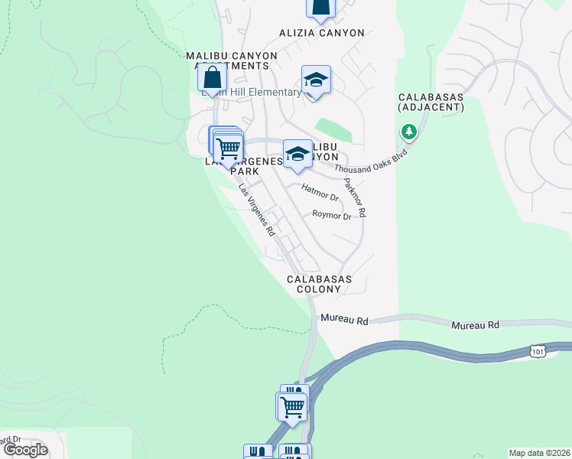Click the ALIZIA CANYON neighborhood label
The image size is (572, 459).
point(321,33)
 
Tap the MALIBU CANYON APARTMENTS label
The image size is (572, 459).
point(227,60)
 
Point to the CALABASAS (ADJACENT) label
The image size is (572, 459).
point(431,102)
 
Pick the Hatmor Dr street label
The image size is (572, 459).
point(320,192)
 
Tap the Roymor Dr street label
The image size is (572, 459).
point(331,216)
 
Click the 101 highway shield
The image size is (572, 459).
point(538,350)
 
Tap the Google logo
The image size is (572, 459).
point(25,449)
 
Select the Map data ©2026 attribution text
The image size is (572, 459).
point(539,453)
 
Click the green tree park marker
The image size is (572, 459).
point(409,133)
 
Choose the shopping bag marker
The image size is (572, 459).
point(211,79)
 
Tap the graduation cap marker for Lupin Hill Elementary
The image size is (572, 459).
point(315,80)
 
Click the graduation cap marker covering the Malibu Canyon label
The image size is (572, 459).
point(297,154)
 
